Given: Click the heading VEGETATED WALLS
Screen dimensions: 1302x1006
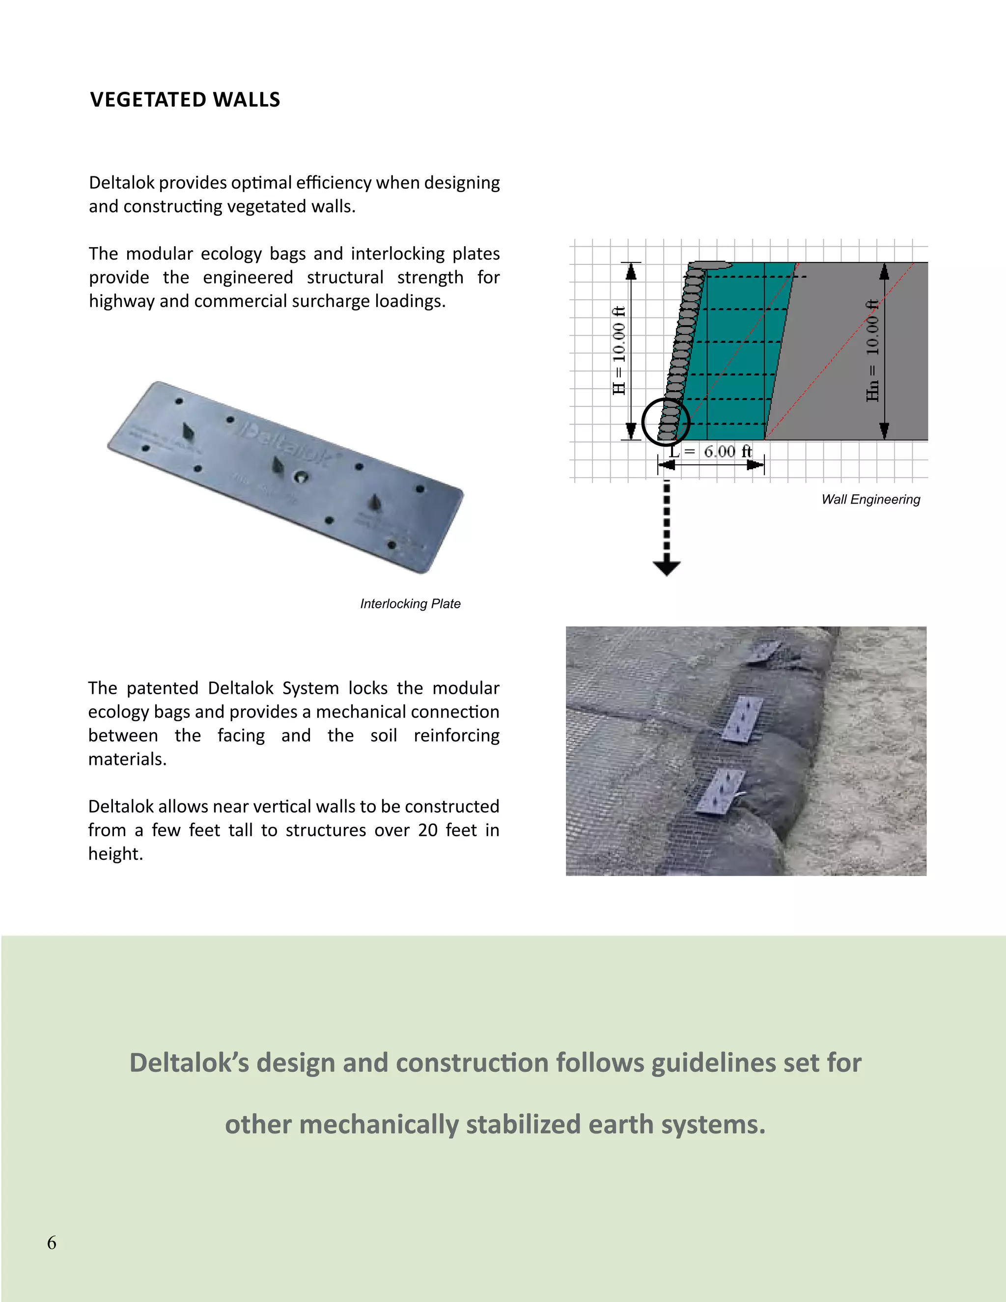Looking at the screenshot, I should click(x=185, y=100).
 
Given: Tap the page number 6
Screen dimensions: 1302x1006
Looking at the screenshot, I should click(x=52, y=1243).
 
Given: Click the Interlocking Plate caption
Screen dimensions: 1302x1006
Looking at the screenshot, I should click(x=410, y=604).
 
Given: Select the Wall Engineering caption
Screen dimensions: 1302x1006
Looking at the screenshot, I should click(x=871, y=500).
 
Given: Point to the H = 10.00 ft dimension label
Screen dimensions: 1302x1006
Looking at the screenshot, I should click(x=619, y=350).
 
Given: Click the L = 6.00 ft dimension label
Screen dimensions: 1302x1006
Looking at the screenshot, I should click(x=710, y=452).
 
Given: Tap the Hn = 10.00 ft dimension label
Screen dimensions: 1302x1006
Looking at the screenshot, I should click(x=872, y=350).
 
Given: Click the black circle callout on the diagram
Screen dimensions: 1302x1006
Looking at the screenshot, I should click(x=666, y=422).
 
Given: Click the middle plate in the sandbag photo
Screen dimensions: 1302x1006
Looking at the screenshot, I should click(x=743, y=718).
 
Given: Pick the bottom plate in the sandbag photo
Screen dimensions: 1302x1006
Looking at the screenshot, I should click(x=721, y=791).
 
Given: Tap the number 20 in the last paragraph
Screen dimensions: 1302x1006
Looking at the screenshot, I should click(x=427, y=830).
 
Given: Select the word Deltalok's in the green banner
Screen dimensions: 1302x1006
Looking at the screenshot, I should click(x=189, y=1063).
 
